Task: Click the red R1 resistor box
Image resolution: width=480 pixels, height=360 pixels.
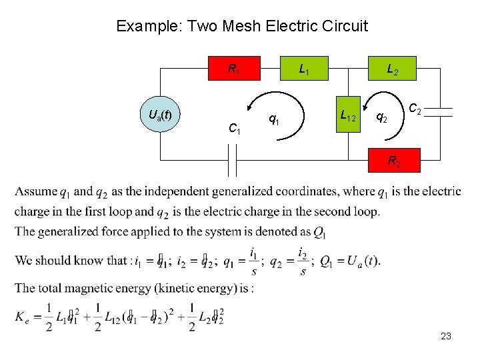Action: tap(234, 68)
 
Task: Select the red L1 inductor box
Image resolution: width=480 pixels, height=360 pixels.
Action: tap(304, 68)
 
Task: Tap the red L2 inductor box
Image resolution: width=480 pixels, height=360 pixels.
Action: tap(393, 68)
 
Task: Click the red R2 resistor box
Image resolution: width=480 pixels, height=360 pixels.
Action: tap(395, 161)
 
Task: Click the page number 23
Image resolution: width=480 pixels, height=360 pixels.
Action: tap(446, 337)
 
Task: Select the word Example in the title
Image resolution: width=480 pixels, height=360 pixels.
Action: tap(149, 26)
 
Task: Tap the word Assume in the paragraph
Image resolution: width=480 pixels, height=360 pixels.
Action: tap(36, 192)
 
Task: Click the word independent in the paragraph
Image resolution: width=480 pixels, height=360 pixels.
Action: tap(176, 192)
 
